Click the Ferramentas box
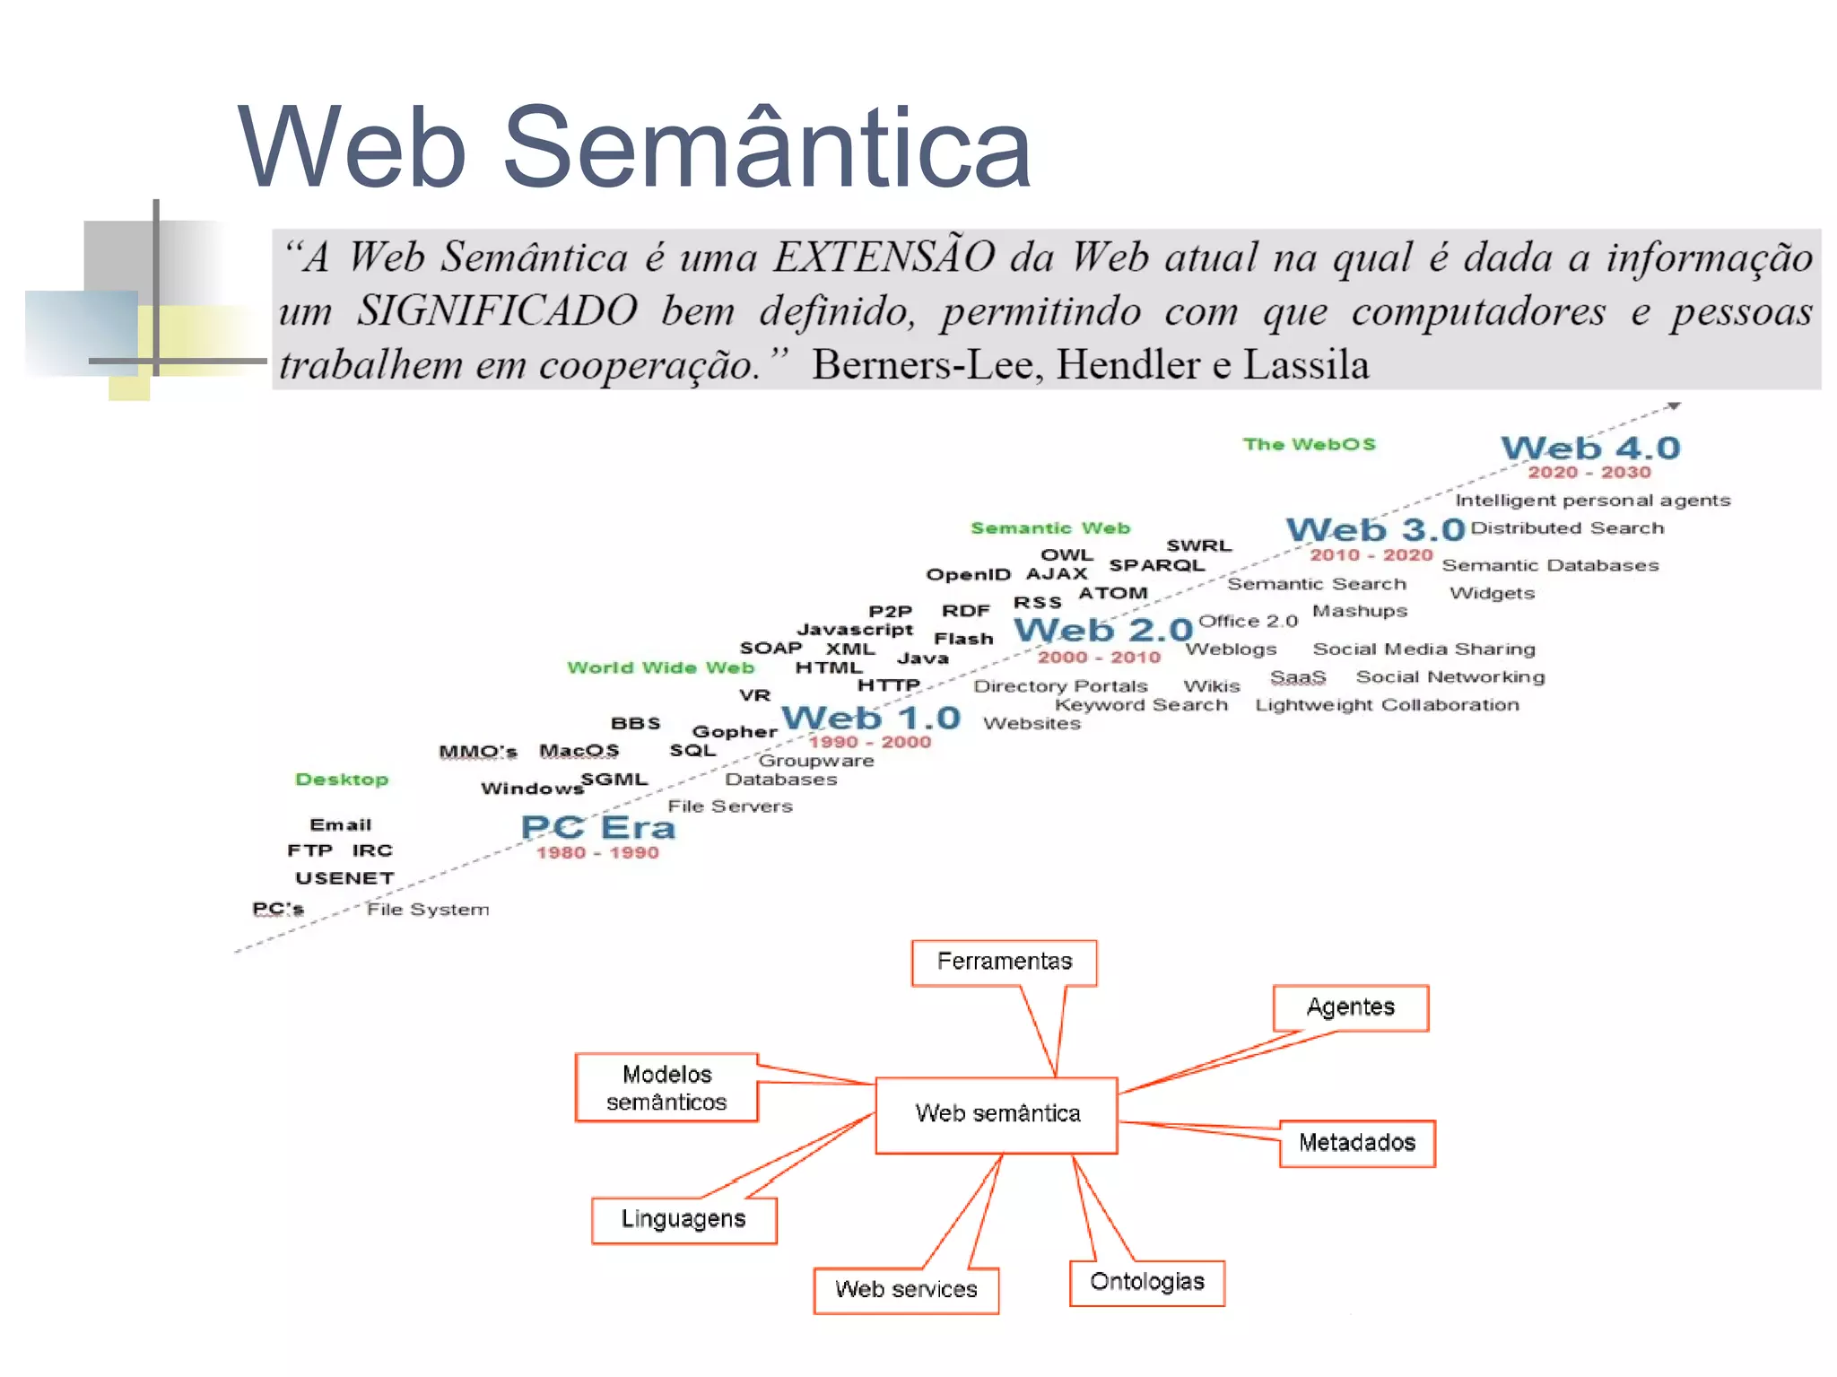[1004, 962]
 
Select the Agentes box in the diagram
[1350, 1007]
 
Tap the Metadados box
[1356, 1143]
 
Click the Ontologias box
[1146, 1282]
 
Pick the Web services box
[906, 1290]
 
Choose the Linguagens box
[683, 1219]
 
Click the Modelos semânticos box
[666, 1087]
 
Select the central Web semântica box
[997, 1114]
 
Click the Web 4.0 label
[1590, 448]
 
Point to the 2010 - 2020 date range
[1371, 555]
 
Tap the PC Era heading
[598, 827]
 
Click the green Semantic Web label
[1050, 528]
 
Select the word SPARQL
[1156, 565]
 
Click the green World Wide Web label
[660, 667]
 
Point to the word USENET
[345, 878]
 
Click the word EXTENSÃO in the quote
[884, 257]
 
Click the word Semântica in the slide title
[767, 148]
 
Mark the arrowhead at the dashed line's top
[1674, 406]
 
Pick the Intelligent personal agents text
[1592, 501]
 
